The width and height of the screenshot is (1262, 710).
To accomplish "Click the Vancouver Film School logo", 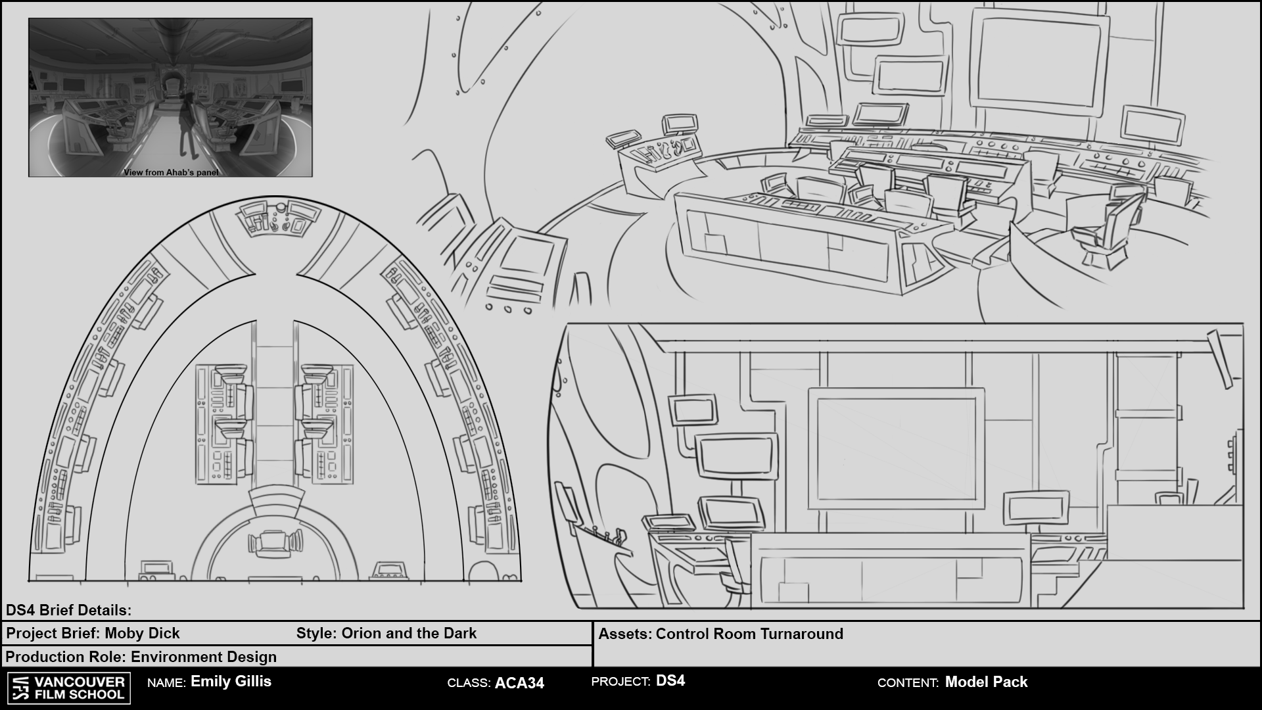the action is (69, 688).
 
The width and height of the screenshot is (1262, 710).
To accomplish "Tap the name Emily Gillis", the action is (231, 681).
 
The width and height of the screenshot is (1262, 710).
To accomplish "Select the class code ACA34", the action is (519, 683).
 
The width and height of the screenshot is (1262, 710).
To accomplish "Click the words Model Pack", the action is (986, 682).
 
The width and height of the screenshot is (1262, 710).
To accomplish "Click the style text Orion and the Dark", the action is (409, 633).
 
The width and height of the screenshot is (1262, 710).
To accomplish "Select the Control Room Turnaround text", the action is (749, 634).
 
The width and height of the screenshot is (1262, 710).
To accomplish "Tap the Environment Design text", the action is (204, 657).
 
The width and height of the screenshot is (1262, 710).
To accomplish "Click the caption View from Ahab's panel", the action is (171, 172).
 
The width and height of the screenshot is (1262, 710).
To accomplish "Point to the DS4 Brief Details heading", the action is (68, 610).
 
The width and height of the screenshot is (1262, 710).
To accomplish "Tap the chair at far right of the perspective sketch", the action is (1111, 227).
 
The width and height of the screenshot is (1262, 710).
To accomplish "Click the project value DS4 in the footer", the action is (670, 681).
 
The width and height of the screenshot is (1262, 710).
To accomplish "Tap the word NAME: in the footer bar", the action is (166, 683).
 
